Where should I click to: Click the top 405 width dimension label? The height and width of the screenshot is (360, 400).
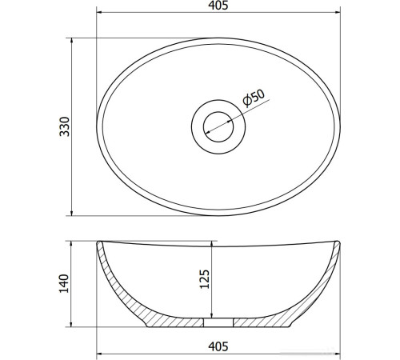click(218, 6)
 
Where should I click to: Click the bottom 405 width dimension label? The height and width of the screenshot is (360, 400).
click(218, 346)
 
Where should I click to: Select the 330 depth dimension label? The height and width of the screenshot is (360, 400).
click(64, 126)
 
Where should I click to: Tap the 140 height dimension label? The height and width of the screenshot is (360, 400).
click(64, 283)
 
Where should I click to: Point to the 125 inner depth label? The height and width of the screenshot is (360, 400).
click(205, 279)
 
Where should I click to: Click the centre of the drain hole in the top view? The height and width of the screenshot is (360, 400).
click(218, 127)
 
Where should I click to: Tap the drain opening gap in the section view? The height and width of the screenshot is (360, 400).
click(218, 322)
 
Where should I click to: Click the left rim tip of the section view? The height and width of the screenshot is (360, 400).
click(99, 242)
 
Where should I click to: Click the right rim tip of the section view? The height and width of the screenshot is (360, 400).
click(338, 242)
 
